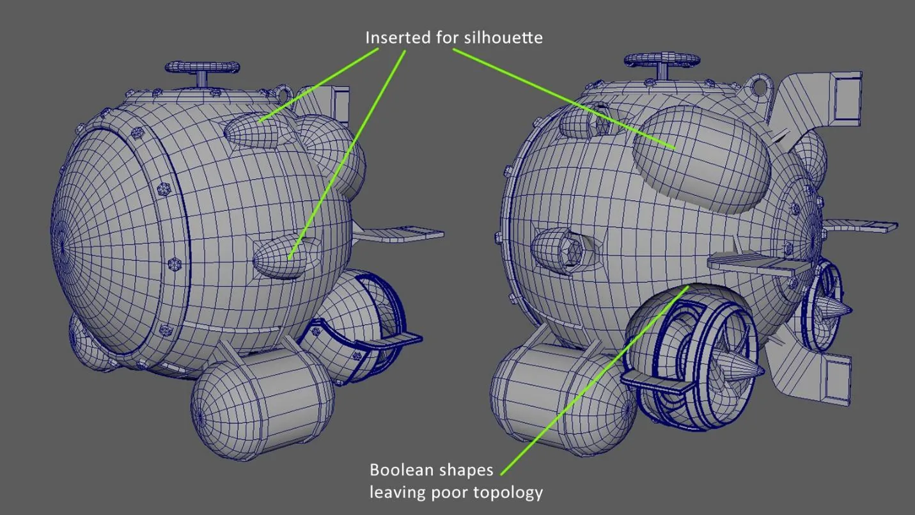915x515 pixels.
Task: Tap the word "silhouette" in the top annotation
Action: point(504,38)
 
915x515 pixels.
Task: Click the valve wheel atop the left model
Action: point(202,67)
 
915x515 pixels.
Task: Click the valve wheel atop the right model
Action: point(662,59)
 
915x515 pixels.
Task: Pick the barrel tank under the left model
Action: point(262,403)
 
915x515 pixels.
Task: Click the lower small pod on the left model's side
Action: point(283,257)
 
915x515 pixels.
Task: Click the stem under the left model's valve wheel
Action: point(202,79)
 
